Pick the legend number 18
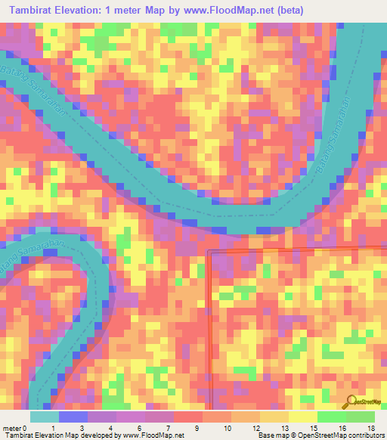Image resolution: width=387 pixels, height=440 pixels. [370, 428]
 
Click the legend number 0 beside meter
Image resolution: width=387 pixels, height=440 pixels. [25, 428]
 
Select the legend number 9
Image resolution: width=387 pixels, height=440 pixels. [199, 428]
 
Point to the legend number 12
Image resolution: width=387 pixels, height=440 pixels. [255, 428]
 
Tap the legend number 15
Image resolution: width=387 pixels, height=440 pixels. [313, 428]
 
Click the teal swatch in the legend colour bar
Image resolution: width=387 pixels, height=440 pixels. [45, 417]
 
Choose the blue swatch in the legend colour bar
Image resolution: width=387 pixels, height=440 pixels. [73, 417]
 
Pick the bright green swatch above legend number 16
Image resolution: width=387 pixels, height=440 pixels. [331, 417]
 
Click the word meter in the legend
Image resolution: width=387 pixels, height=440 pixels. [11, 428]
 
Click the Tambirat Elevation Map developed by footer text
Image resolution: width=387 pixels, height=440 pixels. [60, 435]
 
